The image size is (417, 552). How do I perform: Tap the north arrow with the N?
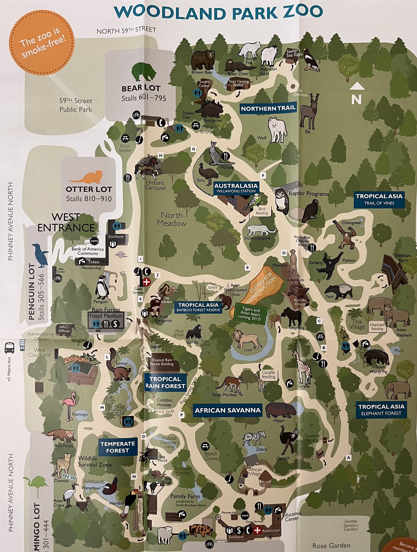click(x=357, y=95)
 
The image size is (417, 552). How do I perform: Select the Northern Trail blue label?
click(x=268, y=109)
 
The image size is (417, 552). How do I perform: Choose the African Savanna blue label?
click(x=228, y=410)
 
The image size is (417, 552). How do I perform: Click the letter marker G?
click(x=193, y=149)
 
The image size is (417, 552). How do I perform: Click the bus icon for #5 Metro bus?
click(x=9, y=348)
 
